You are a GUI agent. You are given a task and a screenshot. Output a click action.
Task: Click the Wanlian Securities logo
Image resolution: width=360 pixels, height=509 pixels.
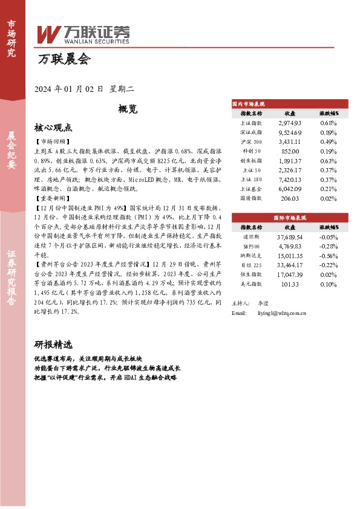pyautogui.click(x=83, y=34)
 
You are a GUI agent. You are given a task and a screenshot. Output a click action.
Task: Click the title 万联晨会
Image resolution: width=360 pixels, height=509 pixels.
pyautogui.click(x=64, y=59)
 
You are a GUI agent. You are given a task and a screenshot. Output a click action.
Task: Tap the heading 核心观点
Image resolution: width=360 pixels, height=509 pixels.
pyautogui.click(x=53, y=128)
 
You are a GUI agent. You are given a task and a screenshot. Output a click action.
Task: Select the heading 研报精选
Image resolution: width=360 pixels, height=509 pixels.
pyautogui.click(x=53, y=344)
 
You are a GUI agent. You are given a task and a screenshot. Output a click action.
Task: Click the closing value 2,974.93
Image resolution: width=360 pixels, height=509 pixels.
pyautogui.click(x=289, y=123)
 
